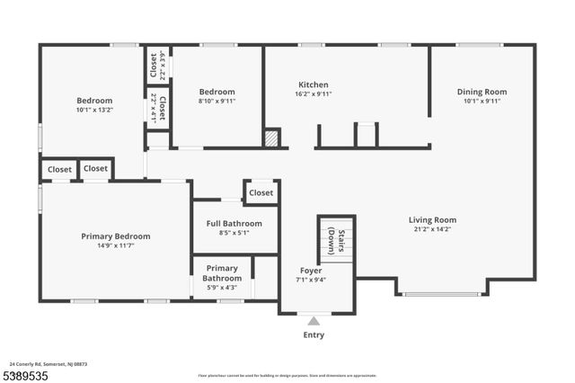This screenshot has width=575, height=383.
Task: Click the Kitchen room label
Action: pyautogui.click(x=314, y=85)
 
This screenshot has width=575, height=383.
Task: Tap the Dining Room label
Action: pyautogui.click(x=482, y=92)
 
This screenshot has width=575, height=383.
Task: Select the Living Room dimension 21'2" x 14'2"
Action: pyautogui.click(x=433, y=229)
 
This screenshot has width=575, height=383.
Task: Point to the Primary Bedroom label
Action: pyautogui.click(x=116, y=236)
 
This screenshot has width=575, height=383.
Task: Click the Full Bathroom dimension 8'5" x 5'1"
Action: pyautogui.click(x=234, y=233)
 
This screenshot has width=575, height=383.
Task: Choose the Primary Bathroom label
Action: pyautogui.click(x=222, y=273)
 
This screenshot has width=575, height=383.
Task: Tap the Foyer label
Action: pyautogui.click(x=311, y=271)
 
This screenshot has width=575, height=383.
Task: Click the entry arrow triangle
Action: pyautogui.click(x=314, y=320)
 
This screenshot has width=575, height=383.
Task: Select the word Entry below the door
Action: pyautogui.click(x=314, y=335)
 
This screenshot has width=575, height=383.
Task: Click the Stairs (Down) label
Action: pyautogui.click(x=336, y=241)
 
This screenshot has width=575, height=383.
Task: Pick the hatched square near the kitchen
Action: pyautogui.click(x=271, y=138)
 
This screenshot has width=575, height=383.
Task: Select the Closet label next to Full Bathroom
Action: pyautogui.click(x=261, y=192)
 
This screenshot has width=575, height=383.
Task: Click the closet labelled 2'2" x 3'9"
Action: pyautogui.click(x=157, y=65)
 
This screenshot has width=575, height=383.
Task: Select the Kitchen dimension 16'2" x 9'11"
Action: pyautogui.click(x=314, y=94)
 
